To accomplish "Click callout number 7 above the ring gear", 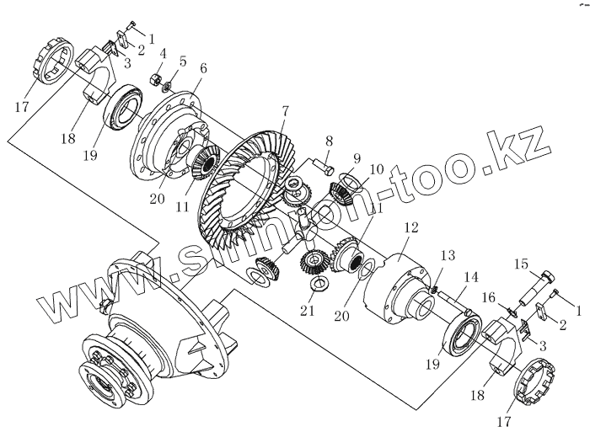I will coord(286,109).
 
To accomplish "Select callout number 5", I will coord(183,61).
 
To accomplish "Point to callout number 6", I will coord(203,67).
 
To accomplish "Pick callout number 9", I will coord(357,157).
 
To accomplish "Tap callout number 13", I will coord(448,255).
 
